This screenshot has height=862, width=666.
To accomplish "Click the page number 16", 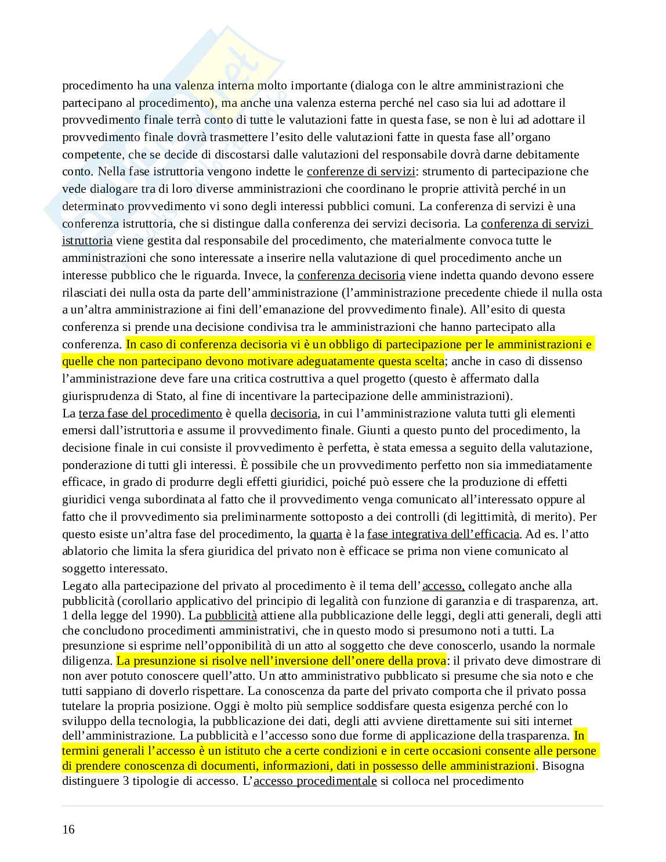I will click(68, 829).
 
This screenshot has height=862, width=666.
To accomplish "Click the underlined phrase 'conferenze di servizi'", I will click(361, 172).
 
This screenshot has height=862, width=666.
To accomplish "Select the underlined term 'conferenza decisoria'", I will click(351, 275).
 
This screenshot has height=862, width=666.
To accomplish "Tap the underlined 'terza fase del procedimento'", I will click(150, 413).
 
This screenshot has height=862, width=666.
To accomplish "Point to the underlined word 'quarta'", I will click(325, 534).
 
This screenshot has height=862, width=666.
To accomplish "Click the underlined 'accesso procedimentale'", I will click(315, 781).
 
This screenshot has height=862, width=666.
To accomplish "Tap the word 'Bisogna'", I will click(562, 766).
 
